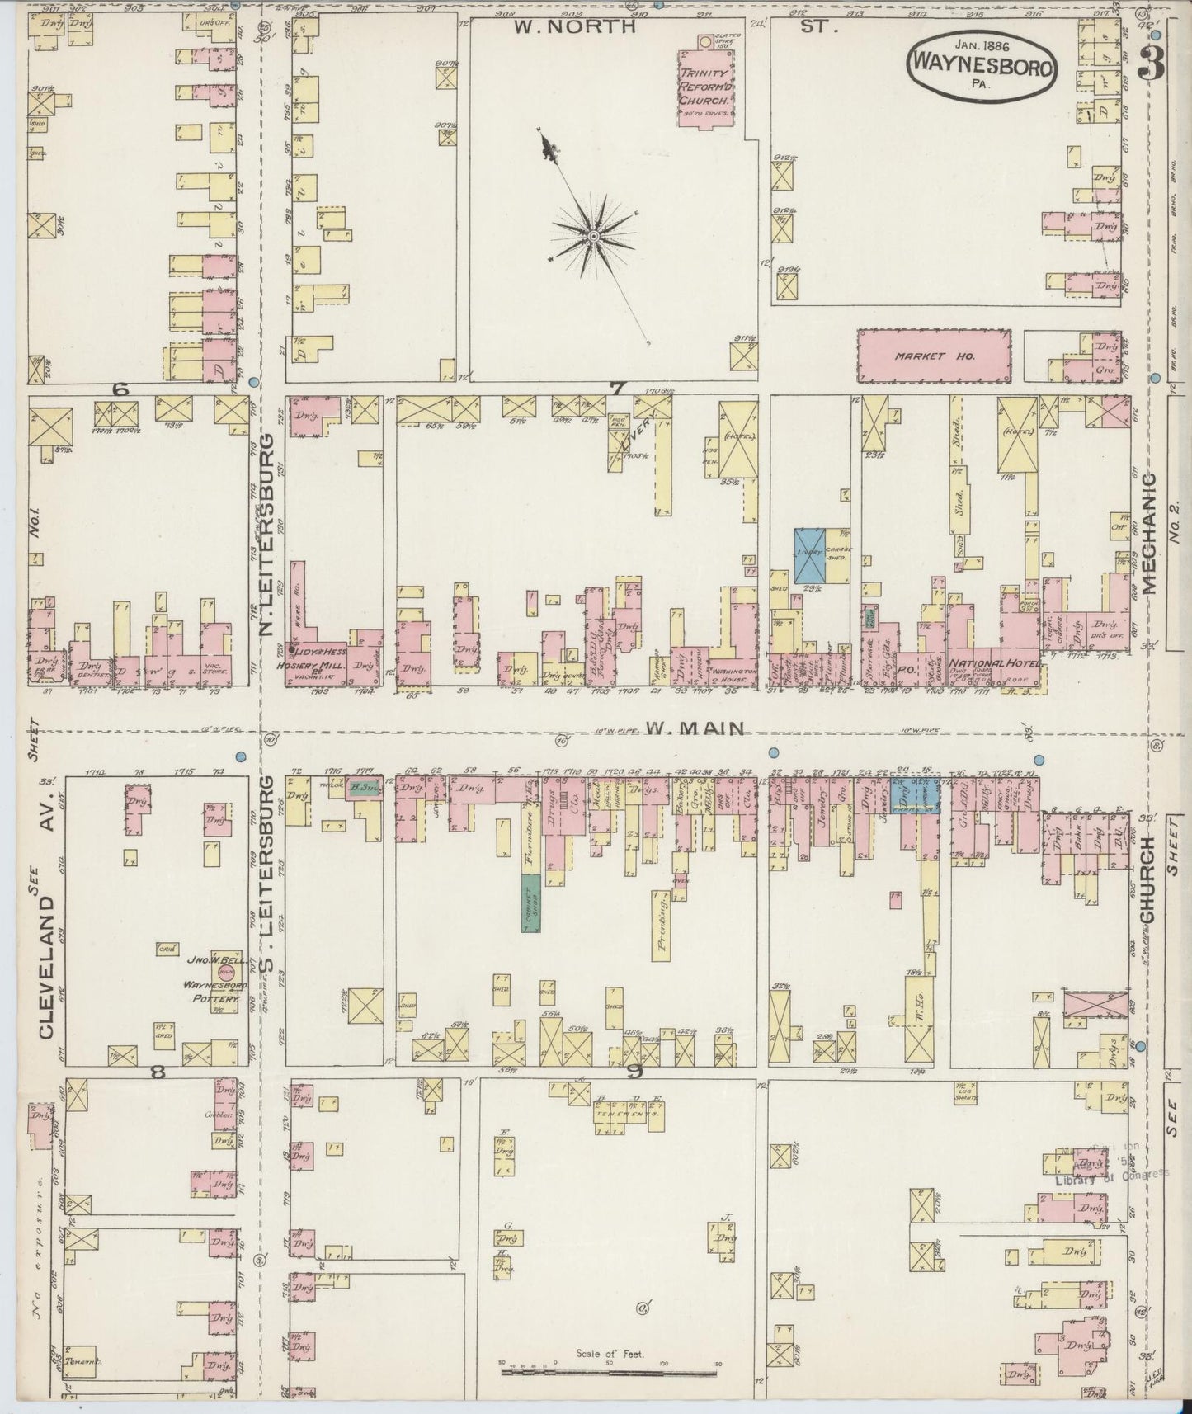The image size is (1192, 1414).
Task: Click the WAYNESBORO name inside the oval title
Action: (x=981, y=67)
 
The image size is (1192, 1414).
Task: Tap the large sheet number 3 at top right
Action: (x=1149, y=62)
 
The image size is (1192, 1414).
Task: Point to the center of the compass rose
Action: (x=593, y=238)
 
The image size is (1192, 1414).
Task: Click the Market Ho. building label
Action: (x=934, y=356)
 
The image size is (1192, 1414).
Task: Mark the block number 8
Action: (x=158, y=1072)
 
